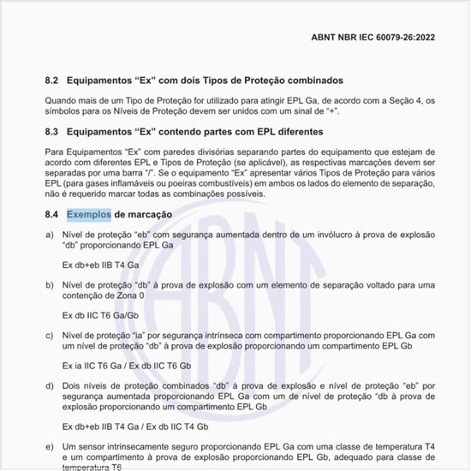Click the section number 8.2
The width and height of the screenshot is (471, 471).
[x=52, y=80]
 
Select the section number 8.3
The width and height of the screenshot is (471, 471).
[x=52, y=133]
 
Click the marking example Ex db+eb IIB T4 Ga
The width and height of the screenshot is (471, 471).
[x=101, y=264]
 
